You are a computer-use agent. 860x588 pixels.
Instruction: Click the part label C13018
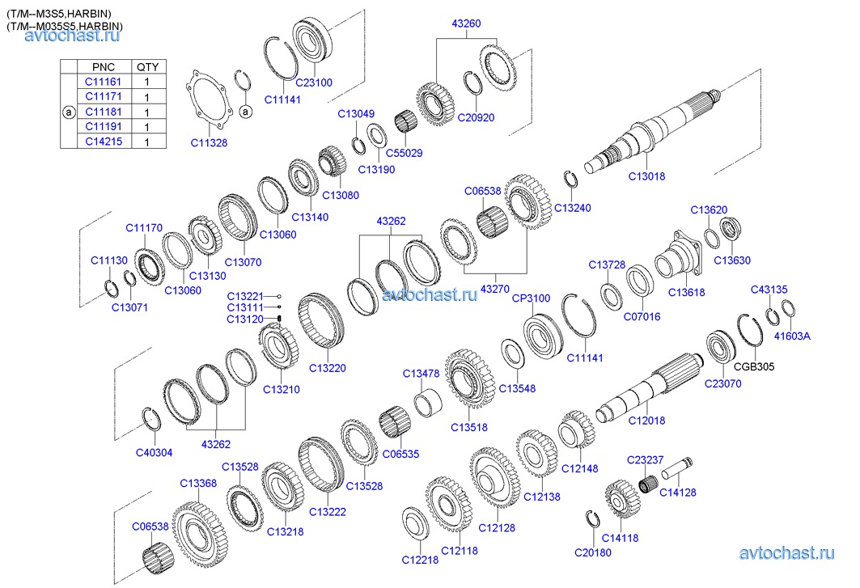coord(646,175)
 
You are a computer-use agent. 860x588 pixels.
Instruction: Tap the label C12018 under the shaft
coord(646,420)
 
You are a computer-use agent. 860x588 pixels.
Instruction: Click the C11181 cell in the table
coord(101,112)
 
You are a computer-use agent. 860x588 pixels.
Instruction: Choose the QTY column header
coord(147,66)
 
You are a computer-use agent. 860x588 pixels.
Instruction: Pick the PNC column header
coord(104,66)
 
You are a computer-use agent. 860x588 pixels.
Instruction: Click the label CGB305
coord(754,366)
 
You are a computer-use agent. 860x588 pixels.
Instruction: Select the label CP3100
coord(531,298)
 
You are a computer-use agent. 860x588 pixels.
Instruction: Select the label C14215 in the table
coord(101,142)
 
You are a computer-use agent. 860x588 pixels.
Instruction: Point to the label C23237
coord(645,459)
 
